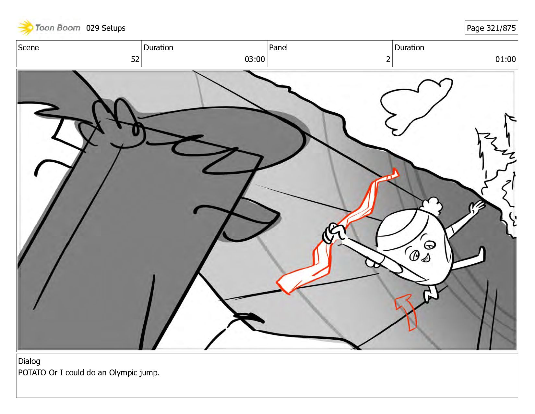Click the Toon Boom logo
(x=49, y=28)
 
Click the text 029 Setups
(x=106, y=28)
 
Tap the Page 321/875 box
(x=491, y=28)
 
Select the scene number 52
(x=135, y=59)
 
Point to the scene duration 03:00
(x=255, y=59)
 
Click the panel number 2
(x=388, y=59)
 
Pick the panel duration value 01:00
(x=505, y=59)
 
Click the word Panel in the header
(x=278, y=48)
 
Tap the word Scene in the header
(x=29, y=48)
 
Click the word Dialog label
(x=29, y=361)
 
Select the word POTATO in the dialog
(x=32, y=372)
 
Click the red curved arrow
(x=407, y=310)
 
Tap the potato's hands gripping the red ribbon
(x=334, y=233)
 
